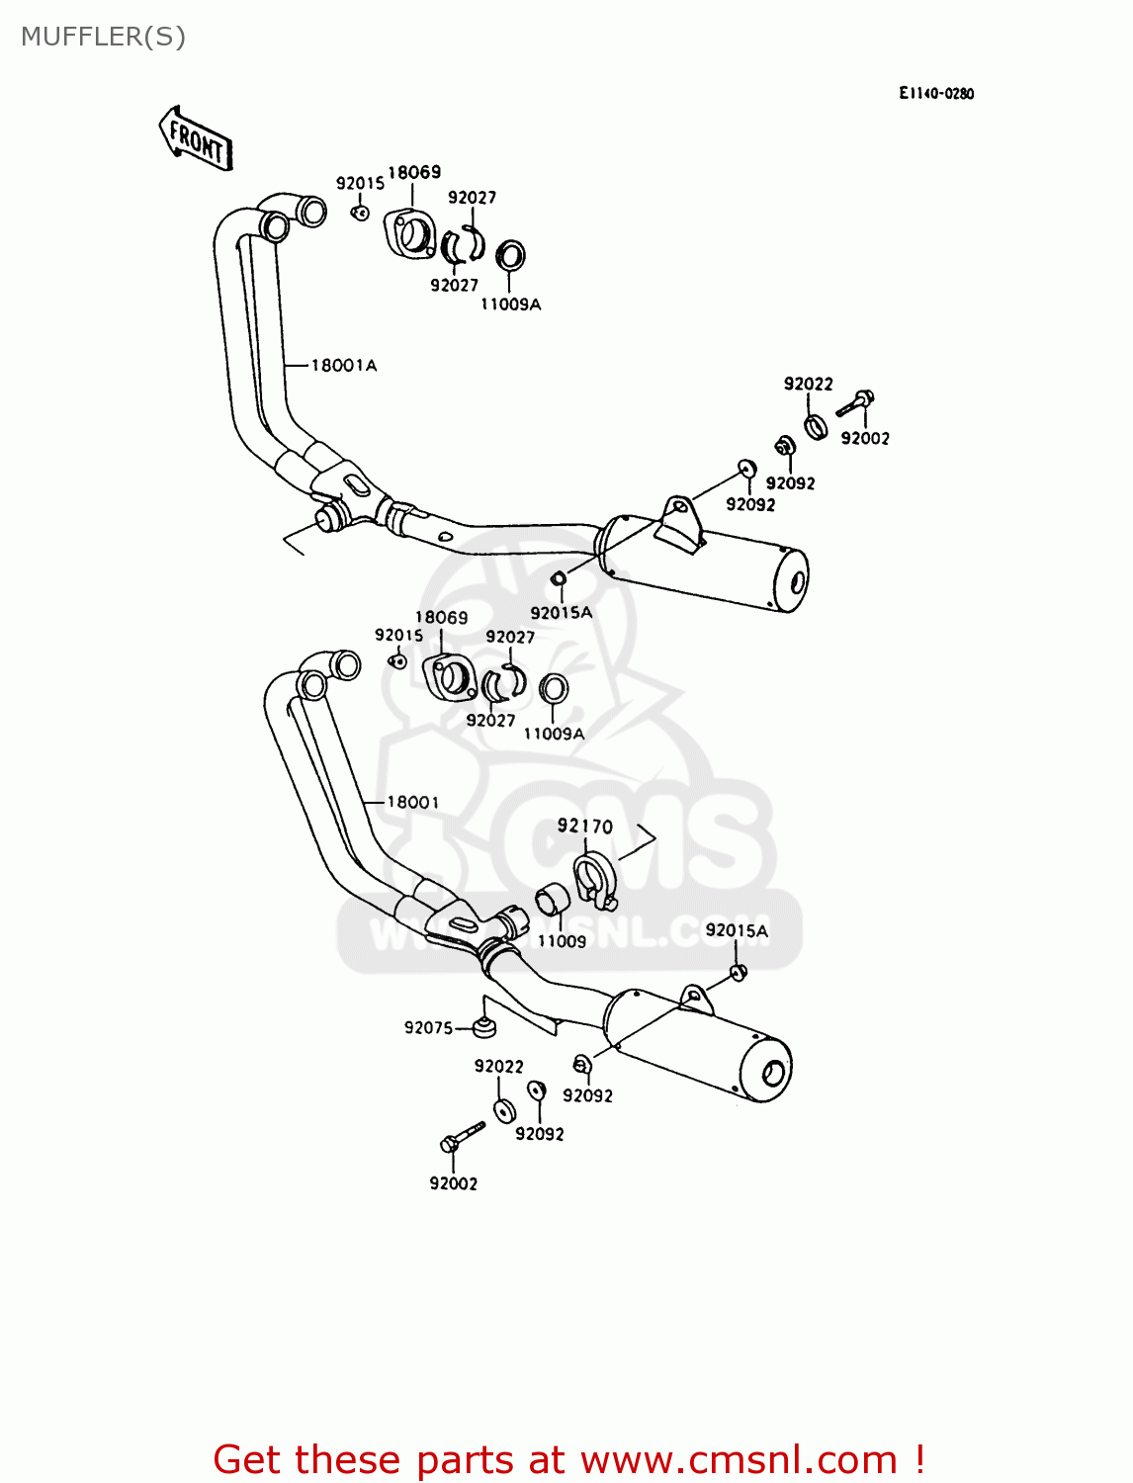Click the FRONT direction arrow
[196, 139]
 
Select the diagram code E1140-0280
[935, 94]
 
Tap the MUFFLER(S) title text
[103, 37]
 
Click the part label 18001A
[343, 366]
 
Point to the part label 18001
[412, 802]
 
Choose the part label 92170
[584, 827]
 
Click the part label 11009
[562, 941]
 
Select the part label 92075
[428, 1028]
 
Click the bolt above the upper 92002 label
[855, 402]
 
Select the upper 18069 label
[413, 172]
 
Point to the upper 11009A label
[510, 305]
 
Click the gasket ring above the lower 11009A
[554, 688]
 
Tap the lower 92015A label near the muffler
[736, 930]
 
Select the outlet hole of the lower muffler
[773, 1073]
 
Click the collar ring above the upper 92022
[815, 426]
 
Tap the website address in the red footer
[738, 1459]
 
